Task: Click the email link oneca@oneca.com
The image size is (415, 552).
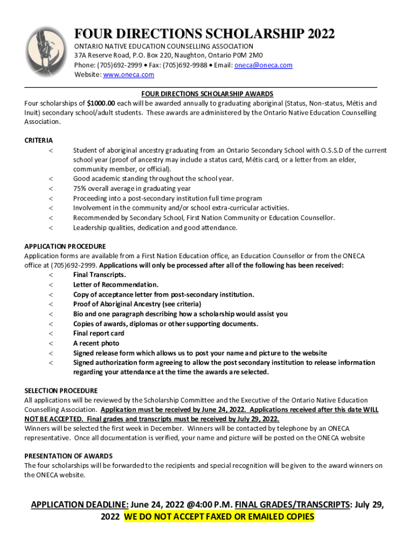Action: click(x=264, y=65)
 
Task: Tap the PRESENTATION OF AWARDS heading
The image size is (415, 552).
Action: click(x=68, y=456)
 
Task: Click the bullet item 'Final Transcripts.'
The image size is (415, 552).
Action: click(x=99, y=275)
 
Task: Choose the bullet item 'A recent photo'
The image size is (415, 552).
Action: click(x=96, y=343)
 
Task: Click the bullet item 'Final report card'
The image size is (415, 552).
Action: click(x=99, y=333)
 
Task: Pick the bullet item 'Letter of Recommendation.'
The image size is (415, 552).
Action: click(x=115, y=285)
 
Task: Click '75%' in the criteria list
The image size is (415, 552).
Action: click(x=80, y=189)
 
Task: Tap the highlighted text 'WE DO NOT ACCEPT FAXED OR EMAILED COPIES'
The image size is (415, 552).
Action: click(x=219, y=516)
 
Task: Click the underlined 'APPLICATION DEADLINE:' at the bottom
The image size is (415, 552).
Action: click(x=79, y=505)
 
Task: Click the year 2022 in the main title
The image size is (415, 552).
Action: click(x=317, y=34)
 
